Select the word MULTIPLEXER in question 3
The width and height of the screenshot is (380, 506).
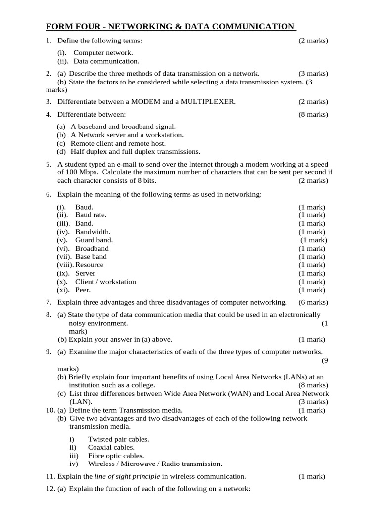coord(208,102)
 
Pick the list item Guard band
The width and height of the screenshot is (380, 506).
coord(94,240)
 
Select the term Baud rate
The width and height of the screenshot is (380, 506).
coord(91,215)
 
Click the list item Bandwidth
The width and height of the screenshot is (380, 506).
coord(93,232)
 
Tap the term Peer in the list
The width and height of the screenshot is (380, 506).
coord(83,290)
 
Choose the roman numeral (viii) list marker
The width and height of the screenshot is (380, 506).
coord(65,265)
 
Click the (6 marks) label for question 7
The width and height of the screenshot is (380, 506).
coord(313,302)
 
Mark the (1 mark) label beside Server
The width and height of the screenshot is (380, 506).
coord(312,273)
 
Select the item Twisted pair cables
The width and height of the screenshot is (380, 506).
coord(118,439)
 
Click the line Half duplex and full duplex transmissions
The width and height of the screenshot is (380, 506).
coord(135,152)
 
